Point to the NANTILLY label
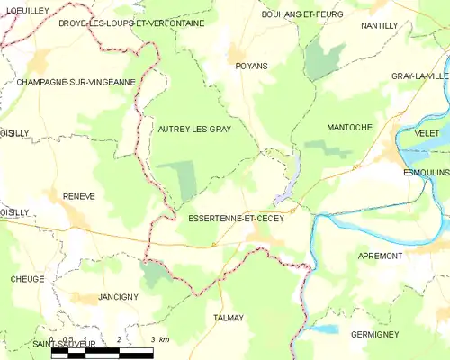click(379, 26)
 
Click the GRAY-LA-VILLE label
click(419, 76)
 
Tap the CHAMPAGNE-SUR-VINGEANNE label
click(76, 82)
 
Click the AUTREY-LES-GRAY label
click(194, 130)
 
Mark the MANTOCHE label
click(349, 128)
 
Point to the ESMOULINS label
click(426, 171)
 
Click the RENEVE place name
click(79, 195)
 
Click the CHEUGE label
click(28, 279)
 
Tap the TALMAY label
click(229, 318)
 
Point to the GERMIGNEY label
click(373, 334)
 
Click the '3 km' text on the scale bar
click(159, 339)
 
